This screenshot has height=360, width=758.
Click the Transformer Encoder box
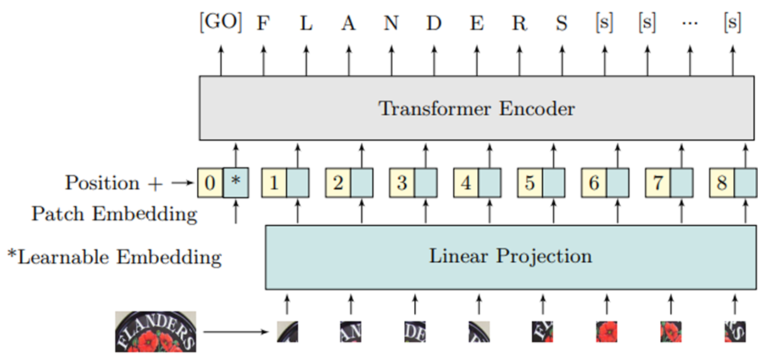pyautogui.click(x=476, y=108)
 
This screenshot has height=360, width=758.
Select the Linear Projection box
pyautogui.click(x=510, y=256)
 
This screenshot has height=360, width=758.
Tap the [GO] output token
pyautogui.click(x=220, y=23)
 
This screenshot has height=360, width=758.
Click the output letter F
pyautogui.click(x=263, y=23)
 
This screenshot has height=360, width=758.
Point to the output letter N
pyautogui.click(x=391, y=23)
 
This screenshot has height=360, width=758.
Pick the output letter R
pyautogui.click(x=519, y=23)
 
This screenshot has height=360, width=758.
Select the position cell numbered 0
pyautogui.click(x=210, y=184)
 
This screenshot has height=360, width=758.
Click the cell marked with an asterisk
pyautogui.click(x=236, y=184)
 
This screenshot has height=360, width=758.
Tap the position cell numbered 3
pyautogui.click(x=401, y=184)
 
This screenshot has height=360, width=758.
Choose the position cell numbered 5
pyautogui.click(x=530, y=184)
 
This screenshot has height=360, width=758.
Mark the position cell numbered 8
pyautogui.click(x=722, y=184)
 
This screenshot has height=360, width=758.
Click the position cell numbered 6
pyautogui.click(x=593, y=184)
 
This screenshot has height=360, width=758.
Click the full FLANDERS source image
pyautogui.click(x=155, y=331)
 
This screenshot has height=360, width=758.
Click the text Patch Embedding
pyautogui.click(x=114, y=214)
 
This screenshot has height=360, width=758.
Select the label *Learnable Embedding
pyautogui.click(x=114, y=257)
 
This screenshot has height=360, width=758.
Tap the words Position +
pyautogui.click(x=113, y=184)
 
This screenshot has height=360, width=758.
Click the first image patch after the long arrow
pyautogui.click(x=287, y=332)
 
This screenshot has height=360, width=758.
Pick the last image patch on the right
pyautogui.click(x=734, y=332)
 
